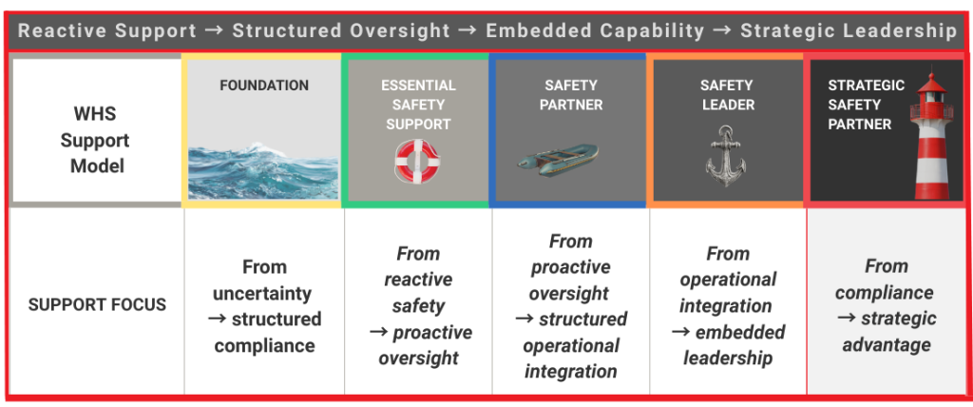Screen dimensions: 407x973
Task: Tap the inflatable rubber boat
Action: click(558, 159)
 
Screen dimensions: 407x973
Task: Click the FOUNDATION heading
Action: click(263, 86)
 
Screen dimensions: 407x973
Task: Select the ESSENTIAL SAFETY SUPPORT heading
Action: click(418, 105)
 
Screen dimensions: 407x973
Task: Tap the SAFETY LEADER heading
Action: click(728, 95)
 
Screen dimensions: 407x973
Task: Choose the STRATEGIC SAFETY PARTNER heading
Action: click(859, 105)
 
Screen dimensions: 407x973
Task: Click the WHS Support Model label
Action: click(95, 140)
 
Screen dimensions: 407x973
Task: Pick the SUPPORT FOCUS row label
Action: click(97, 305)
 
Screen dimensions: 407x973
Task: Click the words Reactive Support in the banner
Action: click(106, 30)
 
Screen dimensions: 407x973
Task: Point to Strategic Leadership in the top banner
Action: click(848, 30)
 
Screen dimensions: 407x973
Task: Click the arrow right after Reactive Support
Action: click(214, 30)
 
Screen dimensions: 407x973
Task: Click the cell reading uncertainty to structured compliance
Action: click(264, 305)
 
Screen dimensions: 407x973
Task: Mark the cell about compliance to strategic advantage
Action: click(886, 305)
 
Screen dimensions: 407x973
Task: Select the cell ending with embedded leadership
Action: click(728, 305)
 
